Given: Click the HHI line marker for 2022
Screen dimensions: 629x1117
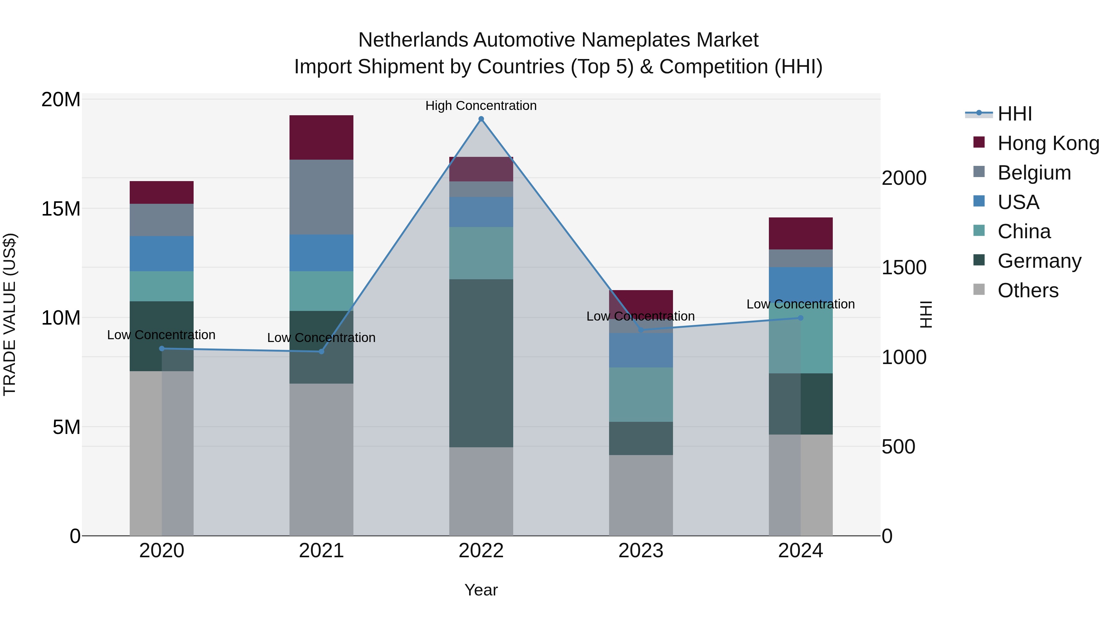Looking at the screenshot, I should [481, 119].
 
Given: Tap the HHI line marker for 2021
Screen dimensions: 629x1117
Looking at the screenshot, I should [321, 351].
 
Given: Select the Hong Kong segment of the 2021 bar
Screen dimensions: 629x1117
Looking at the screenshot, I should [321, 138].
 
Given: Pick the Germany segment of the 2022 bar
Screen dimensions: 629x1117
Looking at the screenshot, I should [481, 363].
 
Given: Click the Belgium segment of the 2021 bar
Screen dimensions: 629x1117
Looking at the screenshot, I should [321, 197].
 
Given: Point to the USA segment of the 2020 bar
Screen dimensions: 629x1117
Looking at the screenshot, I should [162, 253].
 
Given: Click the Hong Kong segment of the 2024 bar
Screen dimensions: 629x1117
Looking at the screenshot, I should [801, 234].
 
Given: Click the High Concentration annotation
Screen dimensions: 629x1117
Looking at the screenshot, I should [481, 106].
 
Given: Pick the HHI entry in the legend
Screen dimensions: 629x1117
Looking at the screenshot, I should [1014, 114].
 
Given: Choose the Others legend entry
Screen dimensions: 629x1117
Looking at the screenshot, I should [1028, 290].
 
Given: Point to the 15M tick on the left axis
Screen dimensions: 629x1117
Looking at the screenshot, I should [61, 209].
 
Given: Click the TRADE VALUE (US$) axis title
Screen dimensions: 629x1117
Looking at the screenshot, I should [10, 314].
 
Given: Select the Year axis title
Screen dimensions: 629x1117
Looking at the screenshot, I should [481, 590].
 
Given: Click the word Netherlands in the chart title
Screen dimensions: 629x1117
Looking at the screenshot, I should [413, 40].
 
